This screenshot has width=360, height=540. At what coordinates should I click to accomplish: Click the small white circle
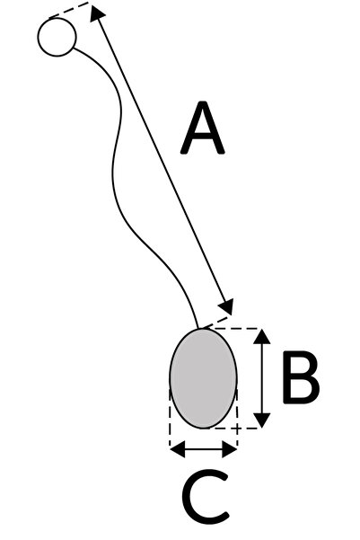[x=57, y=37]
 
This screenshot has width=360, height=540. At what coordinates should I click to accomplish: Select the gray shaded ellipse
[x=203, y=378]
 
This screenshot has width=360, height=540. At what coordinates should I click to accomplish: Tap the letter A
[x=203, y=128]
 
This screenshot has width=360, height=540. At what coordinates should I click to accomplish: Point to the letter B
[x=301, y=377]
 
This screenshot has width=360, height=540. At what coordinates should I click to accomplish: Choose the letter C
[x=206, y=497]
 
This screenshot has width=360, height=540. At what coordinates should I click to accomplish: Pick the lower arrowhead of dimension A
[x=227, y=306]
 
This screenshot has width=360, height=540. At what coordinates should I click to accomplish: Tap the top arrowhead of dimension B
[x=262, y=336]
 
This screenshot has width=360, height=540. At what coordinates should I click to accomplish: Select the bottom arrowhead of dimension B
[x=262, y=420]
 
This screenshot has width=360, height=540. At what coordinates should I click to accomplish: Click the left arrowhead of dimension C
[x=178, y=449]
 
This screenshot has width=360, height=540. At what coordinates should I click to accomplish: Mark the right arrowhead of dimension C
[x=230, y=449]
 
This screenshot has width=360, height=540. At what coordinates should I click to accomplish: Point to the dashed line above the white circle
[x=69, y=9]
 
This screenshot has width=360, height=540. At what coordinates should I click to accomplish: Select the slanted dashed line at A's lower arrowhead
[x=217, y=322]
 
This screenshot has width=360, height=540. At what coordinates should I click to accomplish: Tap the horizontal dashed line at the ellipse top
[x=235, y=329]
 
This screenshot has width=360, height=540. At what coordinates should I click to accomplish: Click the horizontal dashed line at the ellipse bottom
[x=234, y=429]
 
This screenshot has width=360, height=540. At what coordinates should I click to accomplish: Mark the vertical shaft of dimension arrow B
[x=262, y=378]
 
